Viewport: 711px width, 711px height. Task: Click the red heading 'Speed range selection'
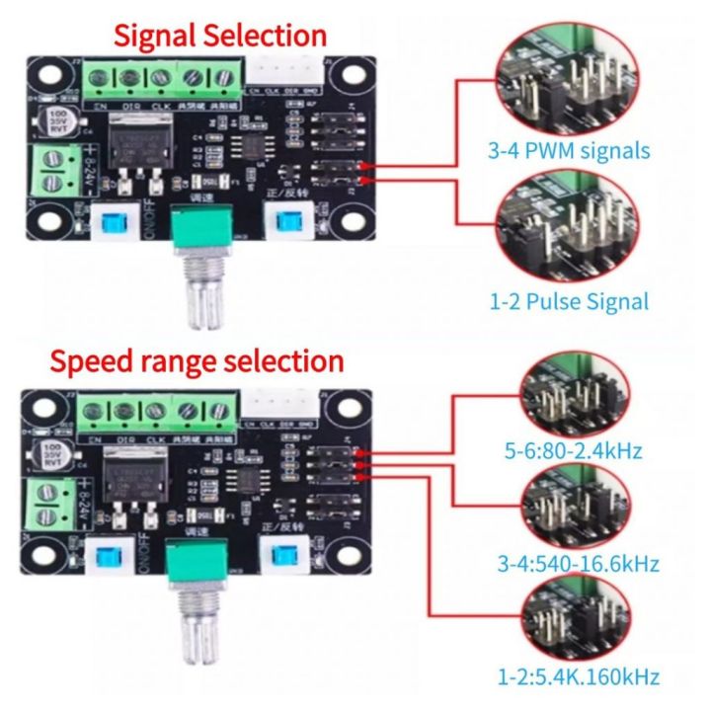(x=197, y=360)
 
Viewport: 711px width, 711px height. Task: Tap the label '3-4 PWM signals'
(x=569, y=151)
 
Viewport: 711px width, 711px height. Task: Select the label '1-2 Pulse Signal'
(x=570, y=300)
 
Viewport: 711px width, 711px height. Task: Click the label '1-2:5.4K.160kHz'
(x=579, y=676)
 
